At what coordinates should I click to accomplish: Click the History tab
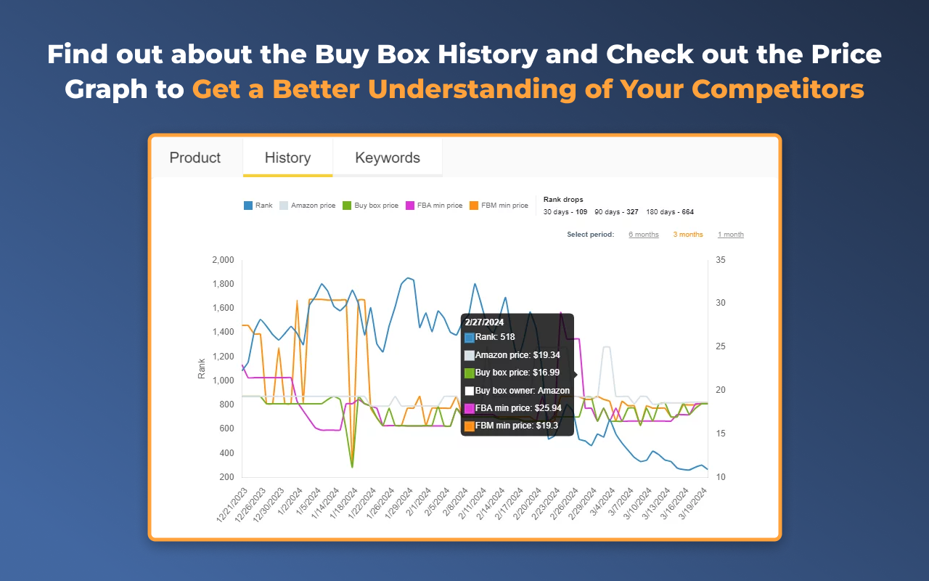tap(287, 158)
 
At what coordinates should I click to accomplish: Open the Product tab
tap(195, 158)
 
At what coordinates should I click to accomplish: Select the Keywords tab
tap(388, 158)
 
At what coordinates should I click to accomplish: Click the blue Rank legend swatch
tap(248, 206)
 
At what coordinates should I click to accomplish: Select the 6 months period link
tap(644, 235)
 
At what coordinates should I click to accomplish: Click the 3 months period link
tap(688, 235)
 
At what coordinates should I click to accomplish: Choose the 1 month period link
tap(731, 235)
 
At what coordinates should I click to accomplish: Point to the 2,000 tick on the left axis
tap(222, 260)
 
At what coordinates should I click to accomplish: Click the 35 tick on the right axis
tap(721, 260)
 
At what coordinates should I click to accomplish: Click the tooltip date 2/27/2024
tap(484, 322)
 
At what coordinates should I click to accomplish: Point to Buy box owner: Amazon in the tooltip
tap(522, 391)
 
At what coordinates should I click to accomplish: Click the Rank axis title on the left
tap(202, 368)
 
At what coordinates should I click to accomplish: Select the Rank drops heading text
tap(563, 199)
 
